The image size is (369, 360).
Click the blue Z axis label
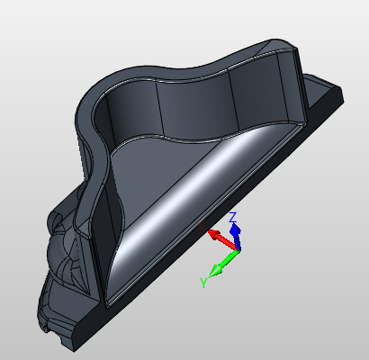(x=233, y=217)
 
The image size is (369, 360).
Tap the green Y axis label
(x=203, y=283)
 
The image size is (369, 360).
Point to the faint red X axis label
(x=201, y=226)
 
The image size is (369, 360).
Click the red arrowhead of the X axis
(x=212, y=234)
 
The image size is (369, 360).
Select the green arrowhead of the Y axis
(x=216, y=271)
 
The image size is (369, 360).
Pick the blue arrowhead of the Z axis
(x=236, y=230)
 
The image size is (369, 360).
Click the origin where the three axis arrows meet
(x=238, y=248)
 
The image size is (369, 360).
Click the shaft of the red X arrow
(x=227, y=242)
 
